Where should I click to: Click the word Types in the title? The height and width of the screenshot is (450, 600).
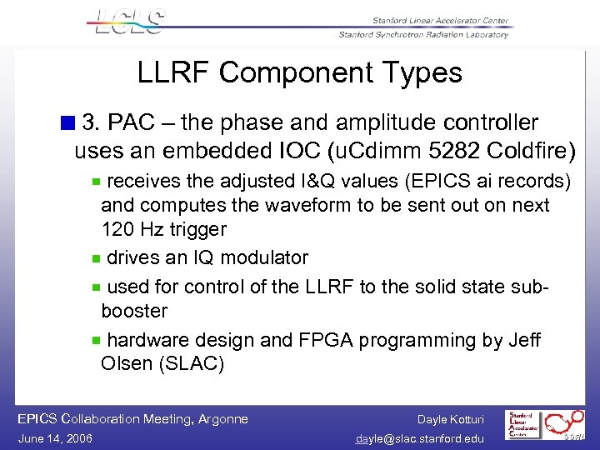click(419, 73)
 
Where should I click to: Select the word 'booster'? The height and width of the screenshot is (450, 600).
click(134, 311)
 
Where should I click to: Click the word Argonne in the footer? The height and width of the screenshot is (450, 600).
click(219, 418)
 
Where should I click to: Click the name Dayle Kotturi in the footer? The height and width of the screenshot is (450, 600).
click(450, 419)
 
